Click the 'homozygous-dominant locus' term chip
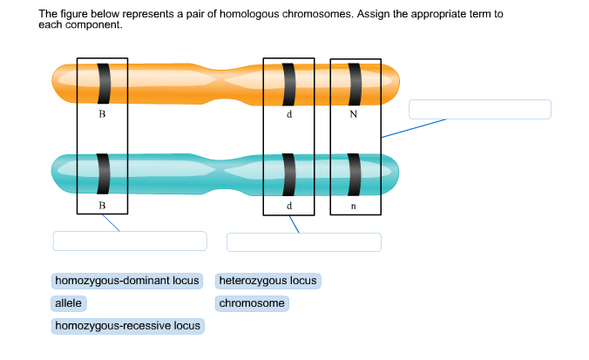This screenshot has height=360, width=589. (127, 281)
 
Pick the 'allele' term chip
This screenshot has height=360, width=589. (68, 303)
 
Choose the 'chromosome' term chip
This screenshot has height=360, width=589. (252, 303)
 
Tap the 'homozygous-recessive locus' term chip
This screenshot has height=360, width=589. (127, 326)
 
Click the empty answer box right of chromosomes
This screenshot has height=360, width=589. (480, 109)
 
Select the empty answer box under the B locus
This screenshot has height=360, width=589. (130, 241)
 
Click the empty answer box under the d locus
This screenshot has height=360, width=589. (304, 241)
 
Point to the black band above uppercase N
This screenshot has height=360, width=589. (355, 83)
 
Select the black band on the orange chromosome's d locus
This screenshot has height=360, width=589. (289, 83)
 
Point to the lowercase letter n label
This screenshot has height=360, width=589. (353, 206)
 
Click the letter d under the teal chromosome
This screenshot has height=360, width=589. (288, 206)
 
